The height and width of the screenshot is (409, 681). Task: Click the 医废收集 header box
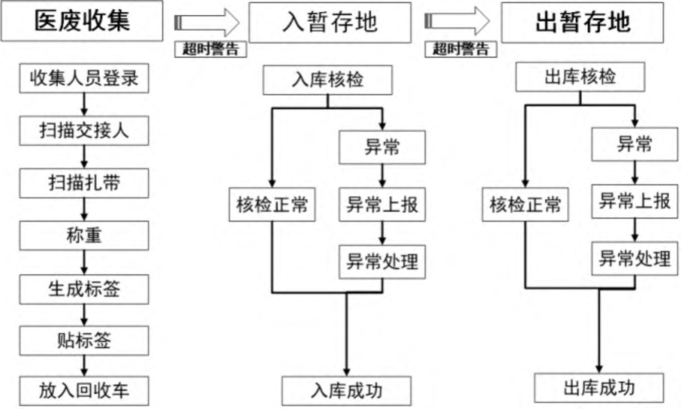tap(82, 21)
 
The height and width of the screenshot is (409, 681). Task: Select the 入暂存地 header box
tap(329, 22)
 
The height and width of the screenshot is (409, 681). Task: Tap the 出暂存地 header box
tap(582, 22)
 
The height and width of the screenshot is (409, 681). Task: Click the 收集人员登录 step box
tap(84, 79)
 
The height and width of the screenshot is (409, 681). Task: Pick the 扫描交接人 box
tap(84, 131)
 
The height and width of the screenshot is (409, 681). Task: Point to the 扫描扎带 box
tap(84, 184)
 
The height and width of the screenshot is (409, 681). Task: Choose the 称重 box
tap(84, 236)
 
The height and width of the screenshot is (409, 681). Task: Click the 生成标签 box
tap(84, 289)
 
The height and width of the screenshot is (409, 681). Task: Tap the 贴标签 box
tap(84, 341)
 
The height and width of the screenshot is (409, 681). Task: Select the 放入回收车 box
tap(84, 390)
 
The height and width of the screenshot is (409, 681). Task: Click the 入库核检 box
tap(328, 80)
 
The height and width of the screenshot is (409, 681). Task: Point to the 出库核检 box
tap(580, 77)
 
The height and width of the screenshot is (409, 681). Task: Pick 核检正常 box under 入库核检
tap(272, 205)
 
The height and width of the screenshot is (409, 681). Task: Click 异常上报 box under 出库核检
tap(635, 201)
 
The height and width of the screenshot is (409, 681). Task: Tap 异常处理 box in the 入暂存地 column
tap(382, 261)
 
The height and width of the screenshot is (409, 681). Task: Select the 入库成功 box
tap(346, 391)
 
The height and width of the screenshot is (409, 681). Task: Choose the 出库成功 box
tap(599, 388)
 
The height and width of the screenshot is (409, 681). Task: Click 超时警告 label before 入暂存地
tap(211, 49)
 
